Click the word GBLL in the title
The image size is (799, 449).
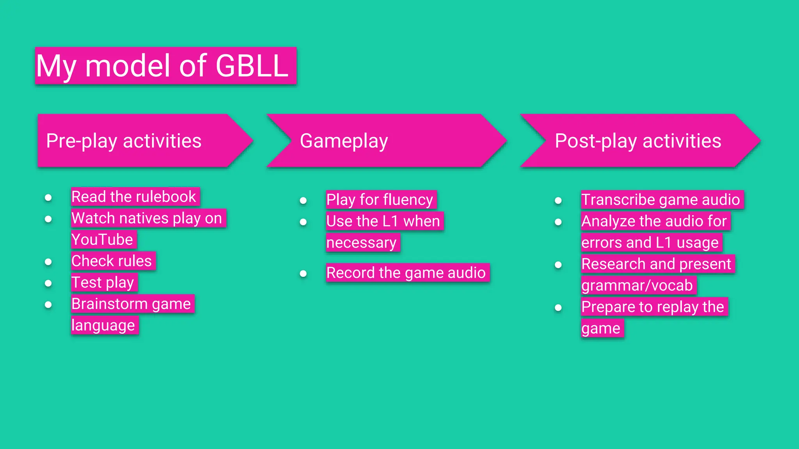pos(252,66)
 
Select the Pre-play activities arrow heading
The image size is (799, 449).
pos(124,141)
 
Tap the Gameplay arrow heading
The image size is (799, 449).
pos(344,141)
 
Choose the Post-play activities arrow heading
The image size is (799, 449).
pos(638,141)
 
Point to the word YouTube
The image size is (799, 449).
pos(102,239)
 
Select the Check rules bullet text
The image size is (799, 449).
pos(112,261)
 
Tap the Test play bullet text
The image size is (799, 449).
pos(103,282)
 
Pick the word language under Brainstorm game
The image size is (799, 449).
pos(103,325)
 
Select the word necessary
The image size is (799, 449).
pos(361,242)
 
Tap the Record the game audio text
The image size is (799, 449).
pos(406,272)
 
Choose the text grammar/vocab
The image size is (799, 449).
pos(637,285)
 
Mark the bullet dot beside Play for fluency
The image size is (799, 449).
pos(303,200)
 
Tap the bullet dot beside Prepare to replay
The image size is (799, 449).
pos(558,308)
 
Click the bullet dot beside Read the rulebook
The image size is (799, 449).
pos(48,197)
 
